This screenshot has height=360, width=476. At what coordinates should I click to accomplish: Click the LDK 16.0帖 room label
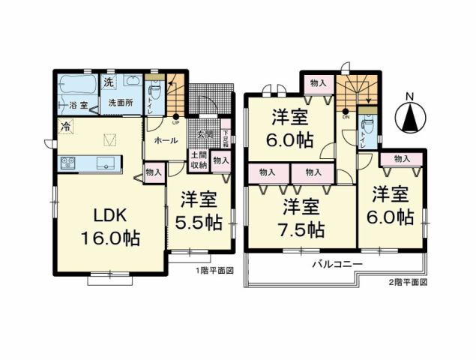(x=112, y=227)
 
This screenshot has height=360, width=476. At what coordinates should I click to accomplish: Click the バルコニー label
(x=337, y=265)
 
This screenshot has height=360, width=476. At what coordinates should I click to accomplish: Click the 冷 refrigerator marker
(x=66, y=126)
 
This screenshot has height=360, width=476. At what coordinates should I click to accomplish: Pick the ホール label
(x=165, y=140)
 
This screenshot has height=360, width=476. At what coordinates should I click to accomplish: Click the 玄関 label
(x=205, y=134)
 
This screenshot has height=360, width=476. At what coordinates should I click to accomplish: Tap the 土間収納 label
(x=199, y=160)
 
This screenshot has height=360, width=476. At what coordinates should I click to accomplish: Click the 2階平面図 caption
(x=407, y=283)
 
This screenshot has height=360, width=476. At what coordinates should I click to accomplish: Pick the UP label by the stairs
(x=175, y=122)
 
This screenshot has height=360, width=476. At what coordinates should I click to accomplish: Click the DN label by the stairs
(x=346, y=117)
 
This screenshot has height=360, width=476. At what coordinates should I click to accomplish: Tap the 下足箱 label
(x=226, y=139)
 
